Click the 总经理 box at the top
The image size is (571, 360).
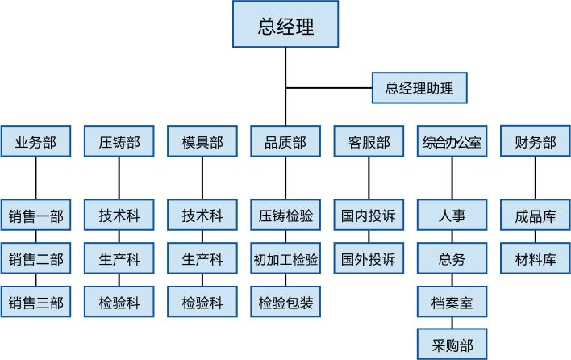click(285, 24)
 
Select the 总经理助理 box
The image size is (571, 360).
click(419, 88)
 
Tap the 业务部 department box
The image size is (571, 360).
click(35, 141)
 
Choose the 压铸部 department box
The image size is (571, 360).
click(119, 141)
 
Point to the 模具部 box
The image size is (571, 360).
click(202, 141)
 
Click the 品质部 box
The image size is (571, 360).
click(285, 141)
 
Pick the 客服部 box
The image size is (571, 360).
click(369, 141)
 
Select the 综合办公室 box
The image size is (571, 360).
click(452, 141)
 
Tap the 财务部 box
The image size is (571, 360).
click(536, 141)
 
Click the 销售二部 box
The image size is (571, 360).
click(35, 258)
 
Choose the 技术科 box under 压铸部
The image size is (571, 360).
click(119, 215)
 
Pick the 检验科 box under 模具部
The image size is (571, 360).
click(202, 302)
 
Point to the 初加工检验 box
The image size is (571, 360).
click(285, 258)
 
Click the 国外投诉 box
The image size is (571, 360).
click(369, 258)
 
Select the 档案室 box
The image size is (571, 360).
click(452, 302)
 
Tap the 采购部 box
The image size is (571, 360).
click(452, 345)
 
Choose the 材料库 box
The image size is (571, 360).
click(536, 258)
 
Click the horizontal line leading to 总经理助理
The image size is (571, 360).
click(329, 88)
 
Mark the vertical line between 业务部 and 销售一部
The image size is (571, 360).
click(35, 178)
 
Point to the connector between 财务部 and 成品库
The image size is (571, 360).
click(536, 178)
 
